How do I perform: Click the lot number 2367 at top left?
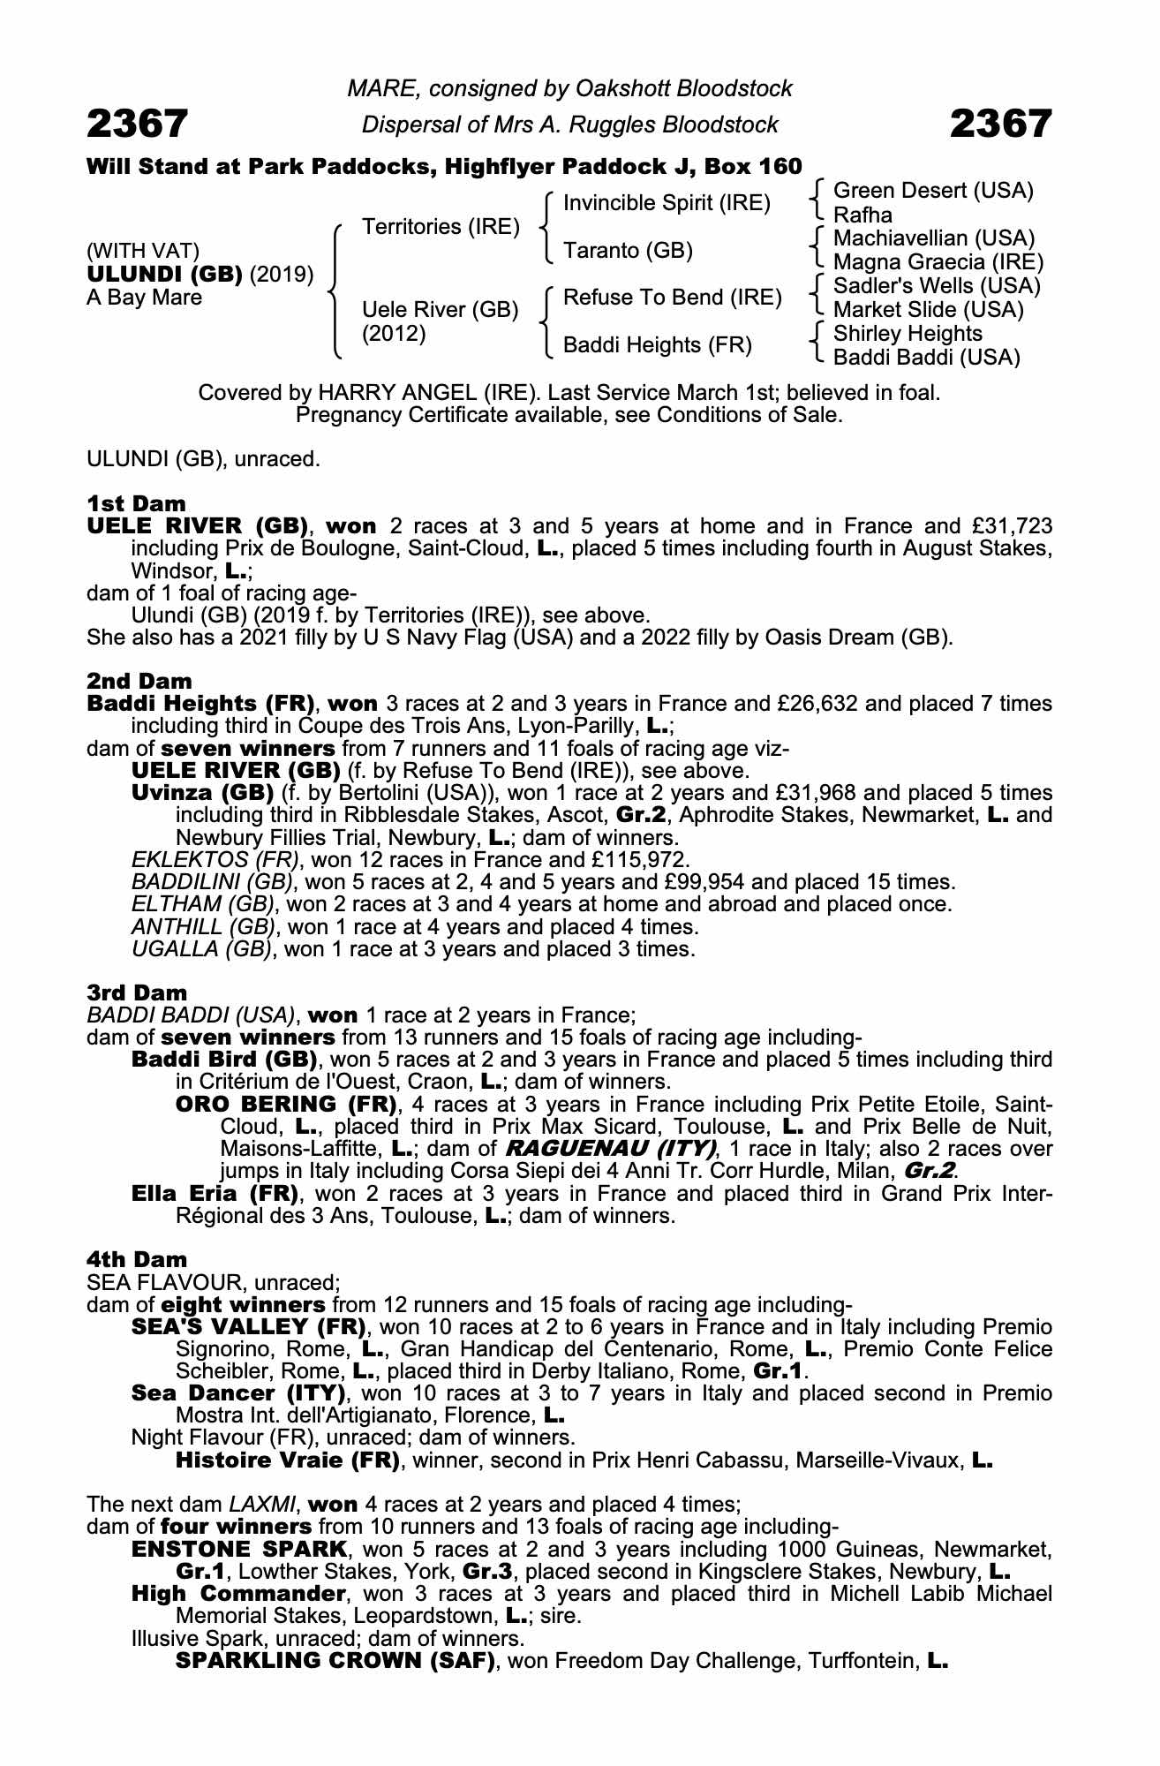137,125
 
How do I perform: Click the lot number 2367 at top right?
1001,125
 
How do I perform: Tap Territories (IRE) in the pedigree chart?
441,227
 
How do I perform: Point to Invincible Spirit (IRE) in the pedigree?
667,203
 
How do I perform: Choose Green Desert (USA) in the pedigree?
933,191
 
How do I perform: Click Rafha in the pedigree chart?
862,215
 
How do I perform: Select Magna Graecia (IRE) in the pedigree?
938,262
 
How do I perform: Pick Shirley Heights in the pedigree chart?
908,334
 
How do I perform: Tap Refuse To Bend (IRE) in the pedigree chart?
672,298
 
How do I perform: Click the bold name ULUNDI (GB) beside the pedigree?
164,275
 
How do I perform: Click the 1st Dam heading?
137,503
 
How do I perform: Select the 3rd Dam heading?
137,992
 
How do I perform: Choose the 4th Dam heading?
137,1259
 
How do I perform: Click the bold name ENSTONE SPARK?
240,1549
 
